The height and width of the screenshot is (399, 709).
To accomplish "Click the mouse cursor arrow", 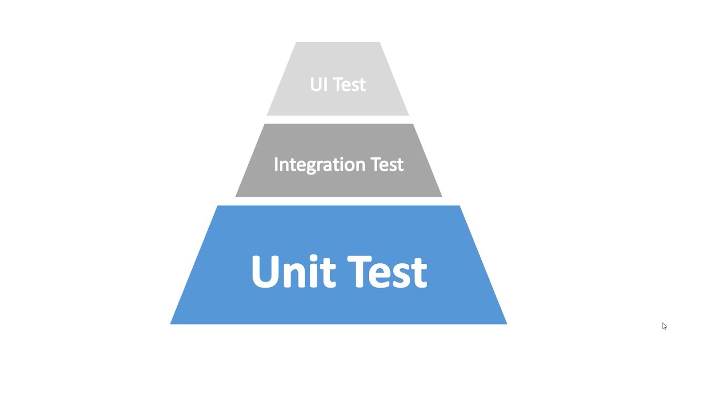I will click(664, 326).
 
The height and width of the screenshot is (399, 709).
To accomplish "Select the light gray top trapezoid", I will click(338, 61).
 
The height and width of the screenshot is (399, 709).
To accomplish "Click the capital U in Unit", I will click(264, 271).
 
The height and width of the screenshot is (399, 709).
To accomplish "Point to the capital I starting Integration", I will click(276, 164).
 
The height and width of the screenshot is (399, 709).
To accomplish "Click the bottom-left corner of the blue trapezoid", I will click(171, 324).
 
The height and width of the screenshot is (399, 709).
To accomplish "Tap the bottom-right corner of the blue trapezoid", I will click(506, 324).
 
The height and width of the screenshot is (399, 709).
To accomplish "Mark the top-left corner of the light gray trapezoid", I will click(296, 43).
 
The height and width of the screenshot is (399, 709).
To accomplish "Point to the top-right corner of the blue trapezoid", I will click(459, 206).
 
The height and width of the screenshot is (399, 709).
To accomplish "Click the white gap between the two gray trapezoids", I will click(338, 120).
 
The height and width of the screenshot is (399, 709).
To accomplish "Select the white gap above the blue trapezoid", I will click(338, 201).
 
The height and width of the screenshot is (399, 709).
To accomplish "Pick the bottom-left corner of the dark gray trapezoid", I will click(237, 196).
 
